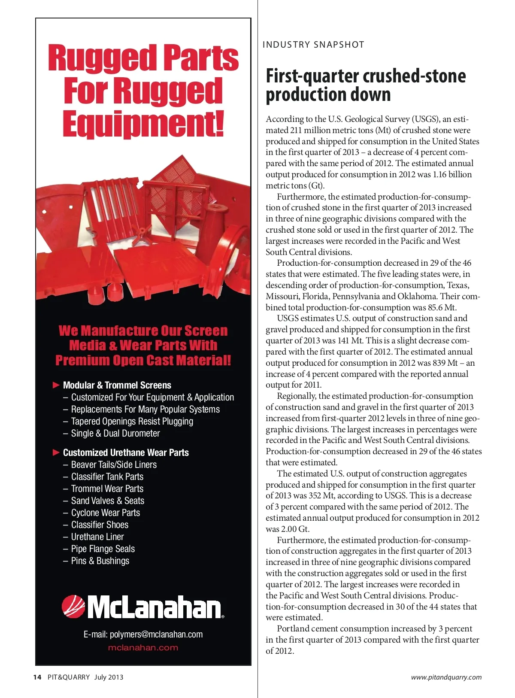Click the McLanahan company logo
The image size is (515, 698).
coord(143,607)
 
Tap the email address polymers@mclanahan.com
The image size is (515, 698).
coord(143,634)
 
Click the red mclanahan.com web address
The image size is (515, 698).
coord(143,648)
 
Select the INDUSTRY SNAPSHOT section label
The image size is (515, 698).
coord(313,45)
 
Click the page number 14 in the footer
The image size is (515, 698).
coord(37,677)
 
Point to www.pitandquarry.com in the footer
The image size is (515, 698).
coord(446,677)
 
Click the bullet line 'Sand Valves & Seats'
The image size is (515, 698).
coord(107,501)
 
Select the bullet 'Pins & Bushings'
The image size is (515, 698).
coord(100,561)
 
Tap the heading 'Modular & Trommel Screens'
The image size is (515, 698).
coord(117,385)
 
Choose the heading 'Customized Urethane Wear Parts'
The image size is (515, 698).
coord(126,452)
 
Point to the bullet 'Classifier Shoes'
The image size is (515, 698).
coord(100,525)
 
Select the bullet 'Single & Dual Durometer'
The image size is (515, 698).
coord(115,434)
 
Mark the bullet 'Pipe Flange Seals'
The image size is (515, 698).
coord(103,549)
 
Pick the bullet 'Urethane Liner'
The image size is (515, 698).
coord(97,537)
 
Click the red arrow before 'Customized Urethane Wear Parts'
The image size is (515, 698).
coord(56,452)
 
